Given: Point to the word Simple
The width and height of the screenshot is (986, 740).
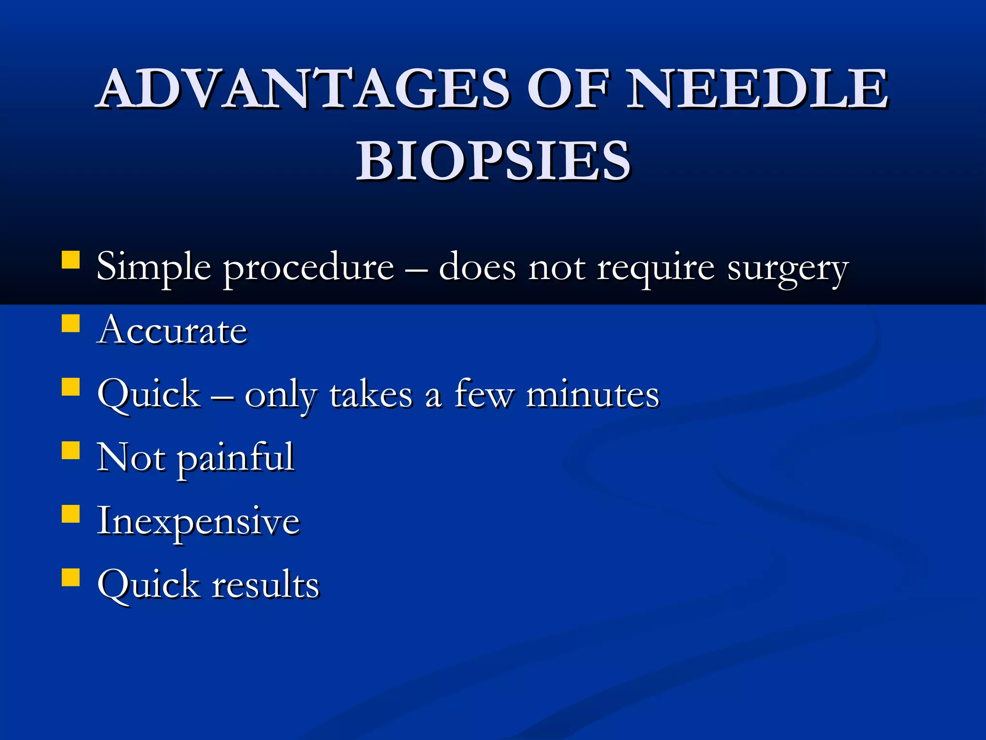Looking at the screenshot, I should (153, 267).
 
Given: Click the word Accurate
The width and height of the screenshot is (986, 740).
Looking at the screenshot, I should (172, 331).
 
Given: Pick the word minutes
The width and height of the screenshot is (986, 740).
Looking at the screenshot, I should (592, 395).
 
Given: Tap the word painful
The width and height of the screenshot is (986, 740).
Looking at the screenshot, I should (236, 458).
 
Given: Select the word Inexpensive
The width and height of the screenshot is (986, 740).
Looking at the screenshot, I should (198, 522).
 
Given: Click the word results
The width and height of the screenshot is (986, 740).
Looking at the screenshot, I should (266, 585).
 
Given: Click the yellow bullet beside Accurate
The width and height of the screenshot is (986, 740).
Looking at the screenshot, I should (71, 324).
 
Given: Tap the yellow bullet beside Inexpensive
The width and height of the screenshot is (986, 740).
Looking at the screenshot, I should (71, 514).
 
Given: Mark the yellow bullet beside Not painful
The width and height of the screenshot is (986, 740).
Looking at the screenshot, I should (71, 450).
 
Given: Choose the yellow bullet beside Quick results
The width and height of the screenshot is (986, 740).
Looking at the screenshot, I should (71, 577).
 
